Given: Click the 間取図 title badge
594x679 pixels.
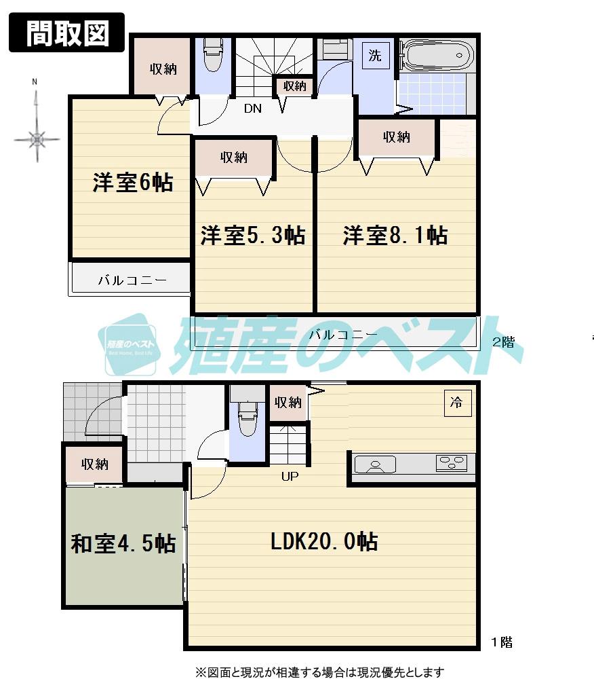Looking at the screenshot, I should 66,33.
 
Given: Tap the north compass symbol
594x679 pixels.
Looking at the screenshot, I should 37,139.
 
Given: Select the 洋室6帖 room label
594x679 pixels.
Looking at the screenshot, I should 133,183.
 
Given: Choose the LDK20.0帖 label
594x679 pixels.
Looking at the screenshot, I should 324,541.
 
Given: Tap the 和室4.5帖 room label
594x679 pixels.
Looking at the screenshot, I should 123,544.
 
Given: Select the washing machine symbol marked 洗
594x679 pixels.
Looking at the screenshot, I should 375,56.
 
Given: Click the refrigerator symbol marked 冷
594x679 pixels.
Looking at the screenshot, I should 456,402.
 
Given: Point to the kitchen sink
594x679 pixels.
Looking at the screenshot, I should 375,465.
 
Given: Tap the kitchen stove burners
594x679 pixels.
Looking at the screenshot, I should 452,463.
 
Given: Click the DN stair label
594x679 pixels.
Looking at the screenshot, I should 252,108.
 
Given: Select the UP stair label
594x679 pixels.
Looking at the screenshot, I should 290,477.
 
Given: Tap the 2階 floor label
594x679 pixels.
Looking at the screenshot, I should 502,342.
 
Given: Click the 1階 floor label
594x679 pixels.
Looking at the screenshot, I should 502,642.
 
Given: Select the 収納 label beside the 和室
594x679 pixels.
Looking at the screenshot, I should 95,464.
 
